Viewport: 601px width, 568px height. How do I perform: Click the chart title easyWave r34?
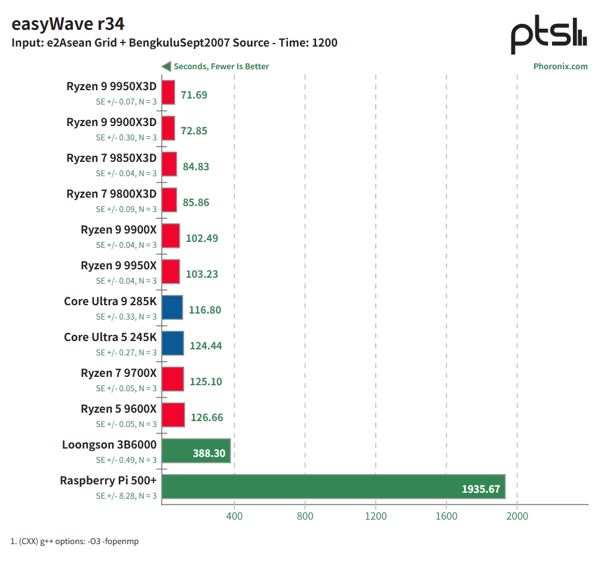[68, 24]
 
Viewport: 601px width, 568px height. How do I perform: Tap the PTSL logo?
[549, 36]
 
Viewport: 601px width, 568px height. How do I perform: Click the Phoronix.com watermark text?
[560, 66]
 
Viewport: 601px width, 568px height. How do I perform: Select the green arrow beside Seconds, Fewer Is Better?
[166, 66]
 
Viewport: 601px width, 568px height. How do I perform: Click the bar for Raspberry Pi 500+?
[333, 486]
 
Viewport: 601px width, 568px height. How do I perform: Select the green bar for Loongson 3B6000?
[196, 451]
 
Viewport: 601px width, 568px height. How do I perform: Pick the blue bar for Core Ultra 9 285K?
[172, 308]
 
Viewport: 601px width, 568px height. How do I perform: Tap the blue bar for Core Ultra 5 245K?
[173, 343]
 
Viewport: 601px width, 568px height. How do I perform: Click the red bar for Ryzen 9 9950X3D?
[168, 93]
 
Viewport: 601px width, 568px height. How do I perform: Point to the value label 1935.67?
[480, 489]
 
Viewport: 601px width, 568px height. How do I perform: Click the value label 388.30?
[208, 453]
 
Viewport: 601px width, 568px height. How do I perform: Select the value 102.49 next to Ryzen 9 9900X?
[202, 238]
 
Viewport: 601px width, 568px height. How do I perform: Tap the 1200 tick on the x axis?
[376, 516]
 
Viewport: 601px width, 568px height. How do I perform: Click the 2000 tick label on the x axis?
[517, 516]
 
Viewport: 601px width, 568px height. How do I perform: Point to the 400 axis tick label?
[234, 516]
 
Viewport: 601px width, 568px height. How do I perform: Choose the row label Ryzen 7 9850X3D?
[111, 158]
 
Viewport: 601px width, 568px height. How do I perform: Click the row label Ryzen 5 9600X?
[118, 409]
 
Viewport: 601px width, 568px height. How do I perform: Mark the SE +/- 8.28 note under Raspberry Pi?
[126, 496]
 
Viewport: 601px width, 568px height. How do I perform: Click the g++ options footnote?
[75, 541]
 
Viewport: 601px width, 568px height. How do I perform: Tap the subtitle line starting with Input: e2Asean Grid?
[174, 43]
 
